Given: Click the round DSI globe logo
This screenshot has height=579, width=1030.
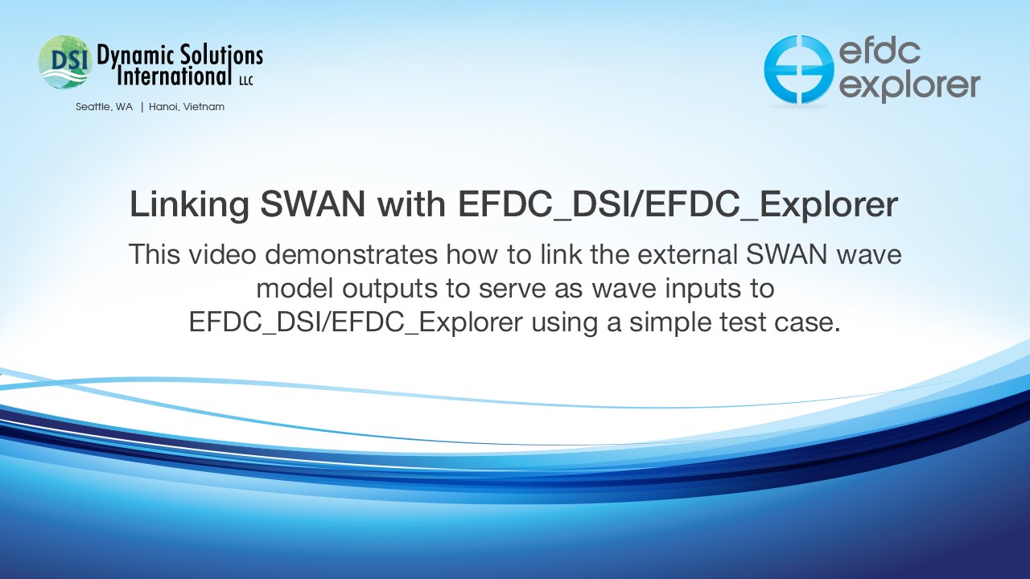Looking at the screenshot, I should (64, 62).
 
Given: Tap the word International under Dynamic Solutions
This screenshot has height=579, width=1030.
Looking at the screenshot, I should (174, 76).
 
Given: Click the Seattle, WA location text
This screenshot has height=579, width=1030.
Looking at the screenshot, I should (105, 107).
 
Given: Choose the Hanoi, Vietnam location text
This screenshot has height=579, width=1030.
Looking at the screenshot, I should (187, 107).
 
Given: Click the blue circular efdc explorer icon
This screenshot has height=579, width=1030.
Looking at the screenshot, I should (798, 69).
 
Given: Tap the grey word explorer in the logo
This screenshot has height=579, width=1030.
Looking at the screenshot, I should (909, 85).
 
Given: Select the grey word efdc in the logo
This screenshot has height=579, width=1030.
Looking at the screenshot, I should (880, 51).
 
